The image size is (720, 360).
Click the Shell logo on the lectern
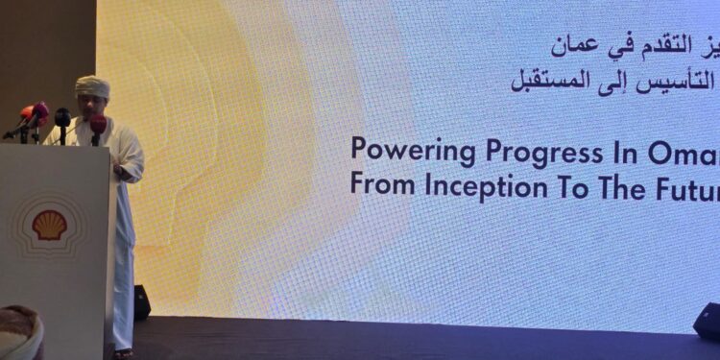click(x=50, y=226)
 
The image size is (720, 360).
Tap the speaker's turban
click(x=93, y=86)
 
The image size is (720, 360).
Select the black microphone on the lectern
click(x=62, y=122)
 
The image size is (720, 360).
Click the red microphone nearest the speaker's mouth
click(x=97, y=126)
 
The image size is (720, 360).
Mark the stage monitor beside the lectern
click(x=141, y=302)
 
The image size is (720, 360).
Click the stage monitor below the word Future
click(x=707, y=320)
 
